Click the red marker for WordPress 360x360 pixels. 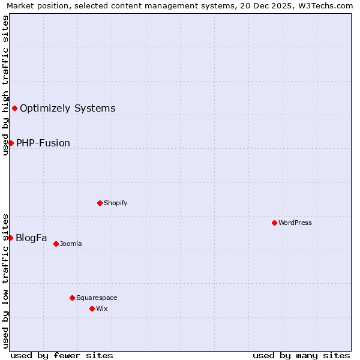[x=274, y=223]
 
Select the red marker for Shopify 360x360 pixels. [x=100, y=203]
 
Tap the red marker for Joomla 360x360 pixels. [x=56, y=244]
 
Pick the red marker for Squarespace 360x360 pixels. [x=72, y=298]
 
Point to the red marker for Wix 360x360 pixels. [x=92, y=308]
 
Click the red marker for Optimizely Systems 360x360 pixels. [x=14, y=108]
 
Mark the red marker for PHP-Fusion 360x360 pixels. [x=11, y=143]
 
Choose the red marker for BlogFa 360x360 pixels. [x=10, y=238]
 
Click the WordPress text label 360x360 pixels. [x=295, y=223]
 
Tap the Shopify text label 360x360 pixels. [x=116, y=203]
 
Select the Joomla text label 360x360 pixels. [x=71, y=244]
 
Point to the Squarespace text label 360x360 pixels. [x=97, y=298]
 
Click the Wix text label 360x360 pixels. [x=101, y=308]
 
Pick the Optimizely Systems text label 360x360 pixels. [x=68, y=109]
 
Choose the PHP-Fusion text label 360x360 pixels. [x=43, y=143]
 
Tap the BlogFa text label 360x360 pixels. [x=31, y=238]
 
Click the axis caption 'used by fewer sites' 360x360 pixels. [x=62, y=355]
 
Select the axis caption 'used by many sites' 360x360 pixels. [x=301, y=355]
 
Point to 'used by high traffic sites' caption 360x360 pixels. [x=5, y=85]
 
